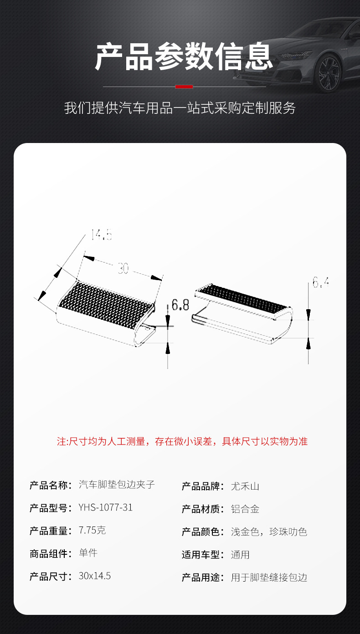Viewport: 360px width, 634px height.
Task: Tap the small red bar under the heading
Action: click(x=184, y=87)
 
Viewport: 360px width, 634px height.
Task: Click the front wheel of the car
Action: click(x=329, y=73)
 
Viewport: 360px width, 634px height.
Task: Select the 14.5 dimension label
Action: click(x=101, y=235)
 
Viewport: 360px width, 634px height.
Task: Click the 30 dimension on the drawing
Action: click(x=123, y=269)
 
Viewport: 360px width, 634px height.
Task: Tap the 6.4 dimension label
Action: click(x=320, y=283)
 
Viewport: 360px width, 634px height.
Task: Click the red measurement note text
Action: click(x=182, y=441)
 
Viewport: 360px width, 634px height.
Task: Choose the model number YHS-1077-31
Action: click(x=105, y=507)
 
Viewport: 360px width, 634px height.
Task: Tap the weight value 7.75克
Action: click(x=92, y=530)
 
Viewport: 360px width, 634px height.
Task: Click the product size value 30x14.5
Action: click(x=94, y=576)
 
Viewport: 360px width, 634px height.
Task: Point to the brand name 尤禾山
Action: click(x=245, y=486)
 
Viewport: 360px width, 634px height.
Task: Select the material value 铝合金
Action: click(x=245, y=509)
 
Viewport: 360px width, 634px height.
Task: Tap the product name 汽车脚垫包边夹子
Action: click(x=117, y=485)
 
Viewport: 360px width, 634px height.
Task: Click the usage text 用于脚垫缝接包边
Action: click(x=269, y=578)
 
